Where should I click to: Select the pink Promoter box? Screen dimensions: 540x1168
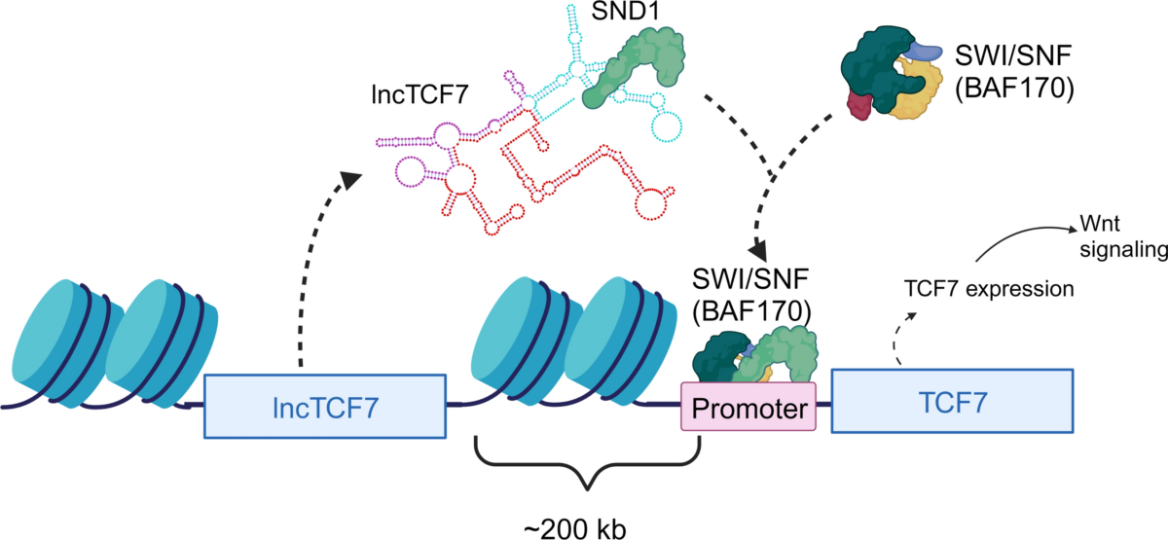(x=747, y=409)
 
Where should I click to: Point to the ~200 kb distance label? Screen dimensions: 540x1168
(x=582, y=526)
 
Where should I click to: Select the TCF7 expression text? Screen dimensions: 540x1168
(x=988, y=289)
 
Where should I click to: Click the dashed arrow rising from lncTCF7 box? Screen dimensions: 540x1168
(x=321, y=263)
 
